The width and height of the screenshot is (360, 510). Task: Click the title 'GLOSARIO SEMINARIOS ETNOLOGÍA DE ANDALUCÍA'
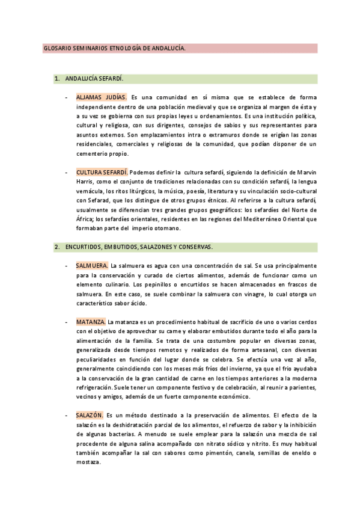tap(114, 48)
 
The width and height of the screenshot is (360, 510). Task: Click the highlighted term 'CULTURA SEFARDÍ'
tap(102, 172)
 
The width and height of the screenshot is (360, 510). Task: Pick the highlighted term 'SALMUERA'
tap(92, 265)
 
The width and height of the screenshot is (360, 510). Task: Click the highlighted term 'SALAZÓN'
tap(90, 415)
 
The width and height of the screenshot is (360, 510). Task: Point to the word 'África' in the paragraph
tap(85, 219)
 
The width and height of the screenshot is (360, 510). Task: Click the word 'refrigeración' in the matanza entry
tap(94, 387)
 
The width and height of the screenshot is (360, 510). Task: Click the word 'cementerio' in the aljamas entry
tap(93, 153)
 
